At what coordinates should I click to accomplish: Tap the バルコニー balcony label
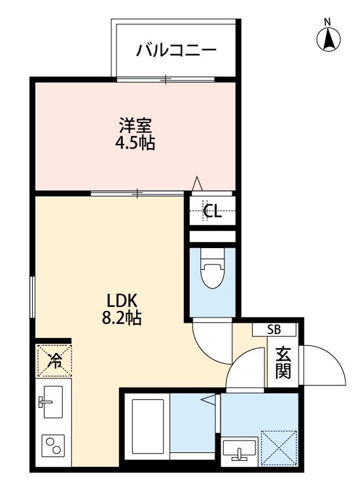pos(175,50)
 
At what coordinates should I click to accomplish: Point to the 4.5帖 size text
pos(135,143)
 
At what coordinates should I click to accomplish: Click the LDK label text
pos(122,301)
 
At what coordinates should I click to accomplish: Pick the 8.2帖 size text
pos(122,319)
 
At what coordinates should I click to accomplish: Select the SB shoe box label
pos(274,329)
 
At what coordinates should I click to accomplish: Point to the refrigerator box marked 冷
pos(54,359)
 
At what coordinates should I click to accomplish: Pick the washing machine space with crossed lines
pos(279,446)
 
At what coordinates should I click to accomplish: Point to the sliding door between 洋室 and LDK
pos(137,193)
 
